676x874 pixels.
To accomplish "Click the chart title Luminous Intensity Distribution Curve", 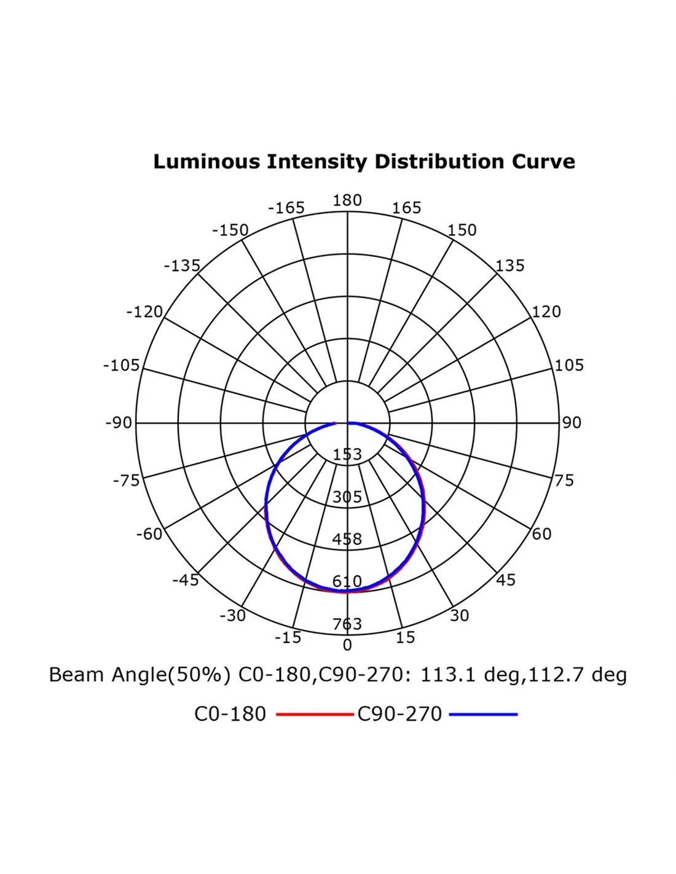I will point(364,162).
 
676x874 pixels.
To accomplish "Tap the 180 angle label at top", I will point(347,200).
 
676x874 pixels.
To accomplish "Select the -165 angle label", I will point(286,208).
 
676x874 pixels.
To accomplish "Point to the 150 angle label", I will point(462,230).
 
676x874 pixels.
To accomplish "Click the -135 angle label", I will point(182,266).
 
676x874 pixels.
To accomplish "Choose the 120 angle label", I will point(546,312).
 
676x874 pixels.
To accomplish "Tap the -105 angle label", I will point(121,366).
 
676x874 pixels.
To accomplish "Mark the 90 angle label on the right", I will point(572,423).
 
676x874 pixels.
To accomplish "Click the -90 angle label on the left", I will point(119,423).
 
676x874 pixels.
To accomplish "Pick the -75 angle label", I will point(126,481).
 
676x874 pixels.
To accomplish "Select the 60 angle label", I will point(541,534).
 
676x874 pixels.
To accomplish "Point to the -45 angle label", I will point(186,580).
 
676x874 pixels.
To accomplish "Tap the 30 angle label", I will point(460,616).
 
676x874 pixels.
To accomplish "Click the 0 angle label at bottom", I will point(347,645).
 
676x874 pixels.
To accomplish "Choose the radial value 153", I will point(347,455).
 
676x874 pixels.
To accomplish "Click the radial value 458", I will point(347,540).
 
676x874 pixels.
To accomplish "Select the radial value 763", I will point(347,624).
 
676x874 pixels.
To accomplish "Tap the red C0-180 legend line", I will point(315,714).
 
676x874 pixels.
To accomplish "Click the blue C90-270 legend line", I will point(483,714).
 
